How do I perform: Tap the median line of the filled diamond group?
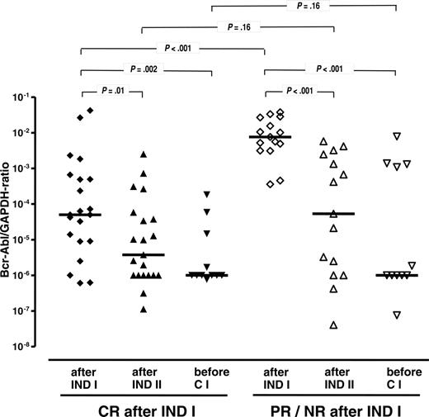80,215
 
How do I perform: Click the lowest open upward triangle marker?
334,325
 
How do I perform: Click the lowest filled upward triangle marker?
144,310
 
